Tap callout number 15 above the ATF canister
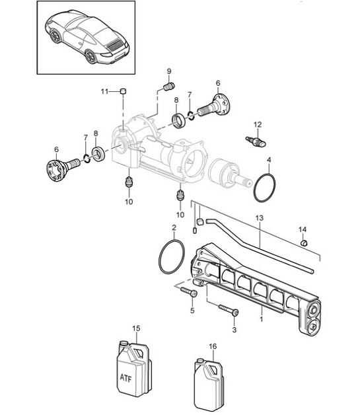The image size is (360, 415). pos(137,328)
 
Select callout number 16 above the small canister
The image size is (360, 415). pos(212,346)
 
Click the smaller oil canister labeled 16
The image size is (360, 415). pos(207,385)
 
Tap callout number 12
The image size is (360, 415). pos(258,124)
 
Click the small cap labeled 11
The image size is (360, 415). pos(123,91)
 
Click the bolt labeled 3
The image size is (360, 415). pos(229,311)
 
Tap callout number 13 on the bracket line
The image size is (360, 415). pos(260,217)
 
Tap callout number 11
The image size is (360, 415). pos(104,91)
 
